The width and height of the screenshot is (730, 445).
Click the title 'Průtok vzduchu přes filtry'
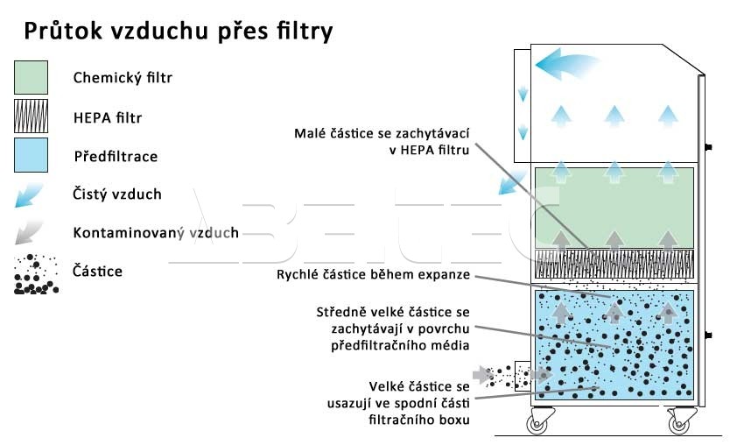pos(178,32)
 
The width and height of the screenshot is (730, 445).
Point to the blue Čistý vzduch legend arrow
pos(29,195)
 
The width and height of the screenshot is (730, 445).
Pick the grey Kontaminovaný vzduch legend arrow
pos(29,233)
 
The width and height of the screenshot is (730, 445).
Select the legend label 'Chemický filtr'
pos(123,78)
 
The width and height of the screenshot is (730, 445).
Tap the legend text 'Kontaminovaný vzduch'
pos(156,233)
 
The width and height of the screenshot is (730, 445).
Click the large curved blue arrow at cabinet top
pos(564,64)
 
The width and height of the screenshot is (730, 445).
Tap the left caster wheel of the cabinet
pos(536,424)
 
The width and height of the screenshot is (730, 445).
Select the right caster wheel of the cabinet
pos(678,424)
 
